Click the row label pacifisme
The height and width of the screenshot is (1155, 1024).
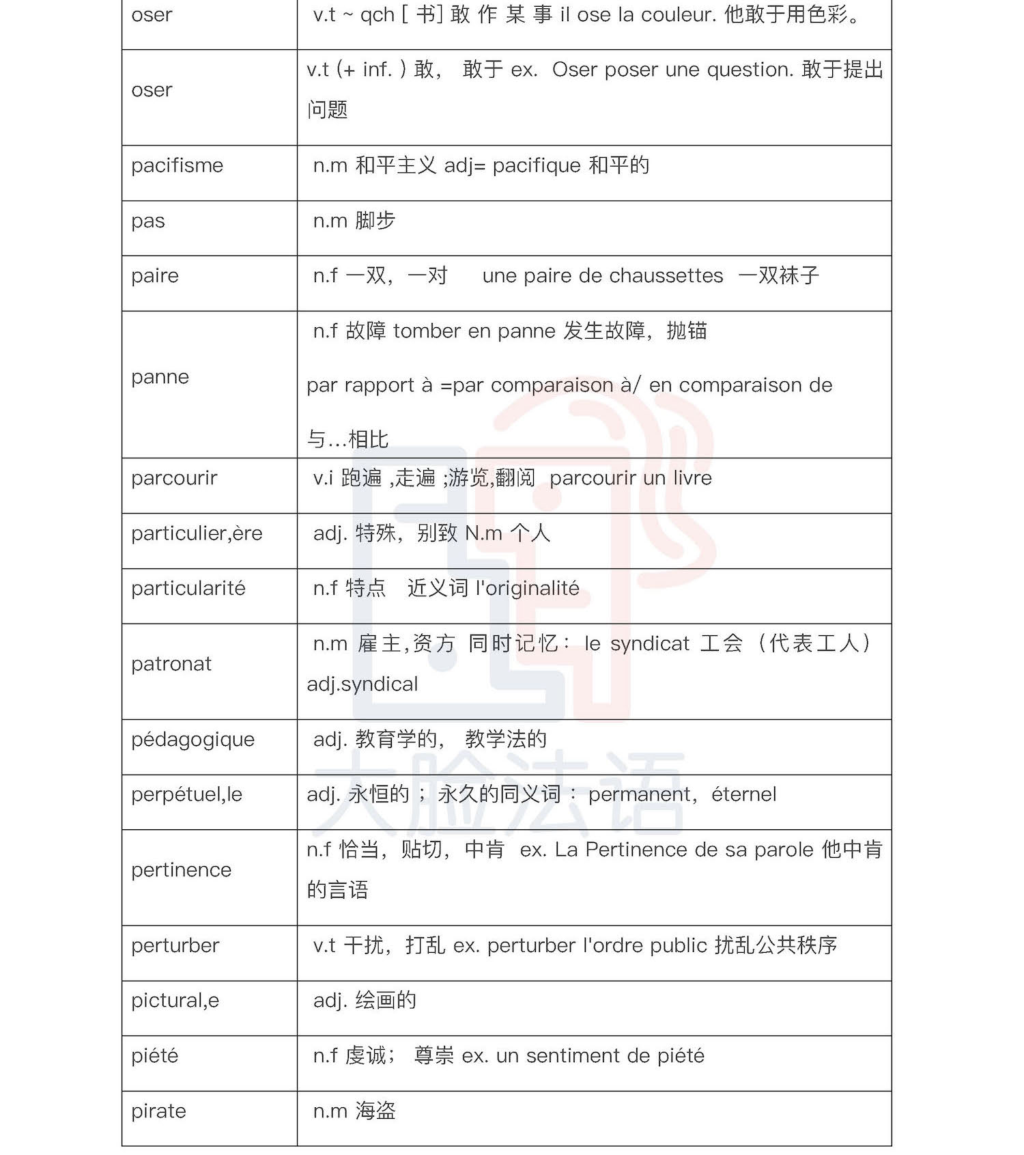pyautogui.click(x=177, y=166)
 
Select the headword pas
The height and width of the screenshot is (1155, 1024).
pyautogui.click(x=148, y=221)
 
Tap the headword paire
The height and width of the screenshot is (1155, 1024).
pyautogui.click(x=155, y=276)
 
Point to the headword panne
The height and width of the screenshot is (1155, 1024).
pyautogui.click(x=160, y=377)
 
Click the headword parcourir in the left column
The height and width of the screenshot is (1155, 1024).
pyautogui.click(x=174, y=478)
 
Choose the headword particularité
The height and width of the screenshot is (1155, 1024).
pyautogui.click(x=188, y=589)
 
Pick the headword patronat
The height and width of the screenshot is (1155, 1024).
pyautogui.click(x=171, y=664)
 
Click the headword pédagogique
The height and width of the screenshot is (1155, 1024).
pyautogui.click(x=193, y=740)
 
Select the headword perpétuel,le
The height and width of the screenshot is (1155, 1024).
pyautogui.click(x=186, y=794)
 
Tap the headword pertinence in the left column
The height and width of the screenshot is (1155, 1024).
pyautogui.click(x=181, y=870)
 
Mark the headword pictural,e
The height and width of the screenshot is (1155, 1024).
pyautogui.click(x=175, y=1001)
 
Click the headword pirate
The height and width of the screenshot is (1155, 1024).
pyautogui.click(x=158, y=1111)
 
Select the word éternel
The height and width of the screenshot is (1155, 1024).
pyautogui.click(x=743, y=794)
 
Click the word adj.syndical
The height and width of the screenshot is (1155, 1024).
pyautogui.click(x=362, y=684)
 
